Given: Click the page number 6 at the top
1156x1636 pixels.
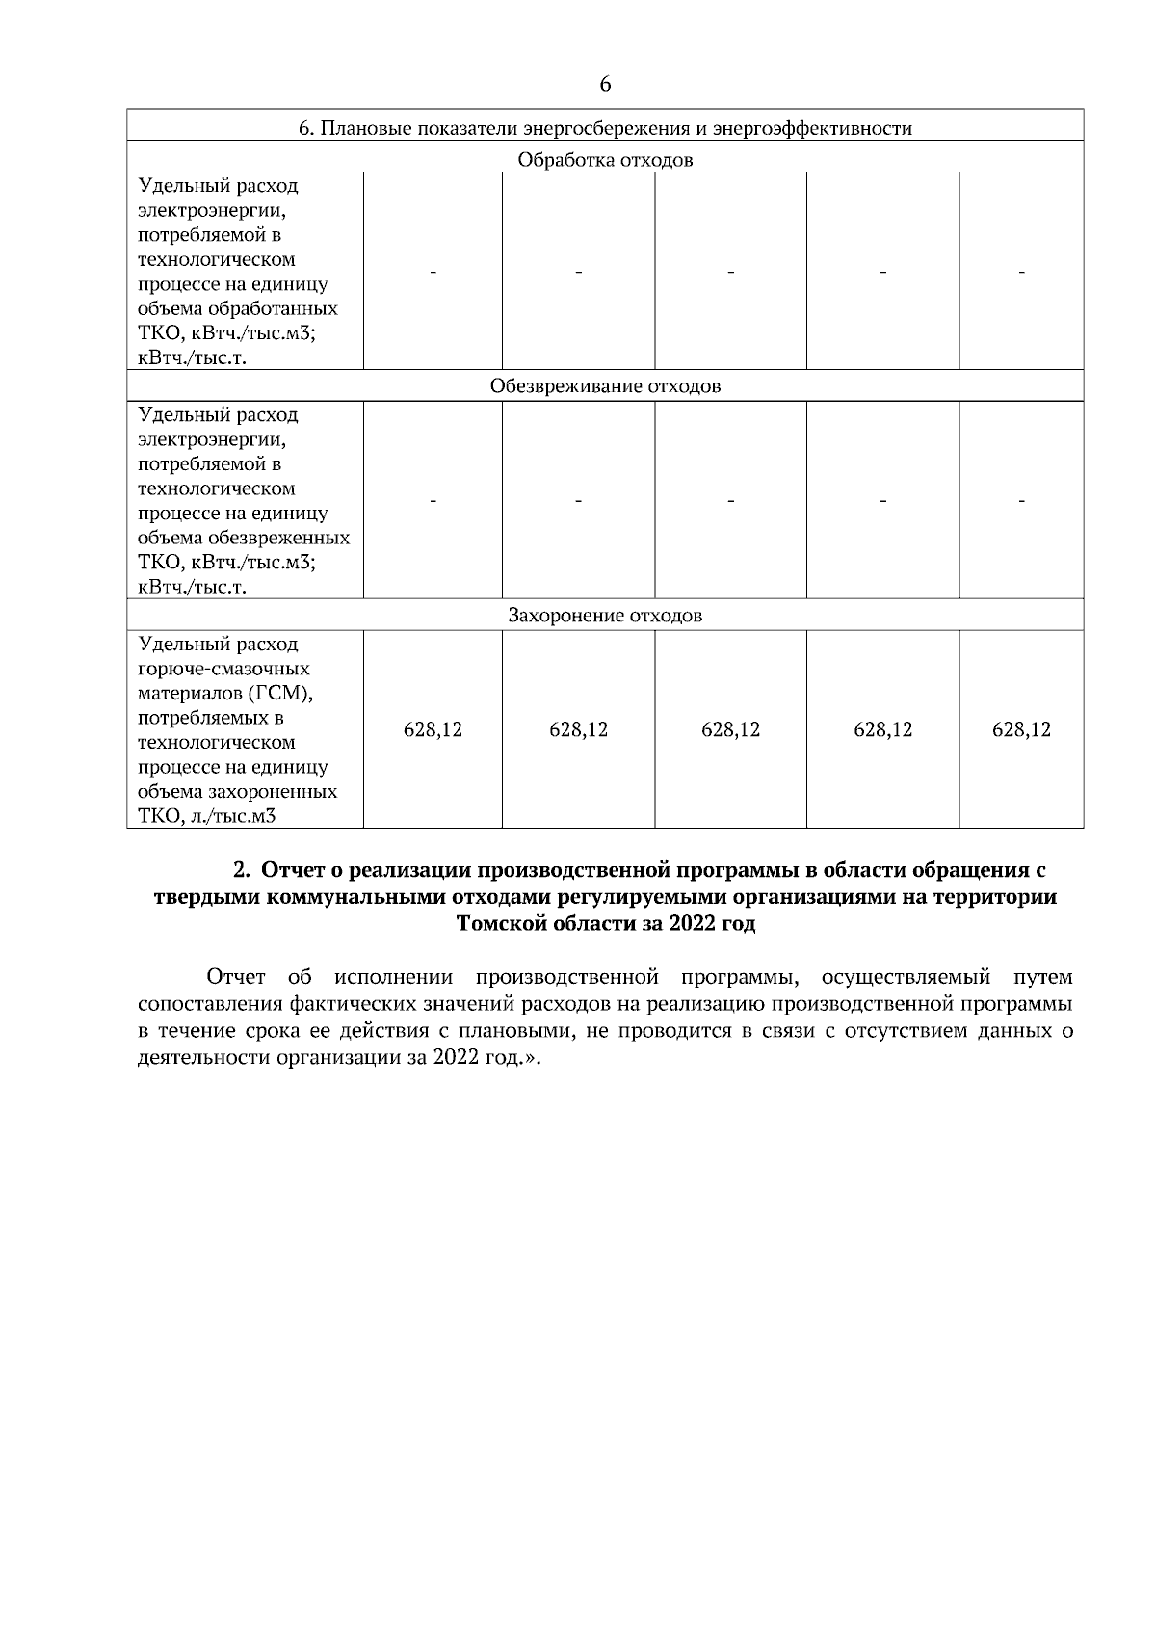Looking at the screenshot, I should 605,85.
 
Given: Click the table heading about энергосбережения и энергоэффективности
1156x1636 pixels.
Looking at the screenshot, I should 605,128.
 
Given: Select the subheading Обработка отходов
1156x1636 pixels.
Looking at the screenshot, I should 605,160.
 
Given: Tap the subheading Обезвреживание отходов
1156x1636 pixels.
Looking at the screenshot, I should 605,387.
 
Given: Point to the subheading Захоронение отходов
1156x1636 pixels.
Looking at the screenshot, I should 605,616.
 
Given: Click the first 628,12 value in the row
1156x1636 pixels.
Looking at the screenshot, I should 433,730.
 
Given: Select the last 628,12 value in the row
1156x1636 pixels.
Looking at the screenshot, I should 1021,730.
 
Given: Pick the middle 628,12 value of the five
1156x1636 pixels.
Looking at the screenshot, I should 730,730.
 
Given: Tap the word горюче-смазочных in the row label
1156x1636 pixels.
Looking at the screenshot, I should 223,669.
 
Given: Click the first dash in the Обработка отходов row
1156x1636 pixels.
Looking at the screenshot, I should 433,273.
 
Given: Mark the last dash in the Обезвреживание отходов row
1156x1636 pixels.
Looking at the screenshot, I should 1021,501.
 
